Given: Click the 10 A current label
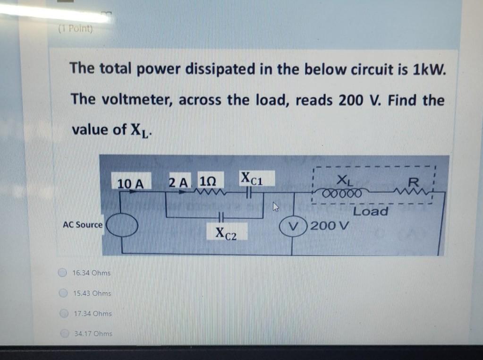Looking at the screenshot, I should pyautogui.click(x=131, y=182).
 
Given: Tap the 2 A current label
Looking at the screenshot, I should pyautogui.click(x=178, y=182).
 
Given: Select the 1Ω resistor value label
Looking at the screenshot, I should pyautogui.click(x=208, y=182).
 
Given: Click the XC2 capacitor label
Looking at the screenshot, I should pyautogui.click(x=225, y=233).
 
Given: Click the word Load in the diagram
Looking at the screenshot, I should pyautogui.click(x=371, y=211).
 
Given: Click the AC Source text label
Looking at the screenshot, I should pyautogui.click(x=83, y=225).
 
